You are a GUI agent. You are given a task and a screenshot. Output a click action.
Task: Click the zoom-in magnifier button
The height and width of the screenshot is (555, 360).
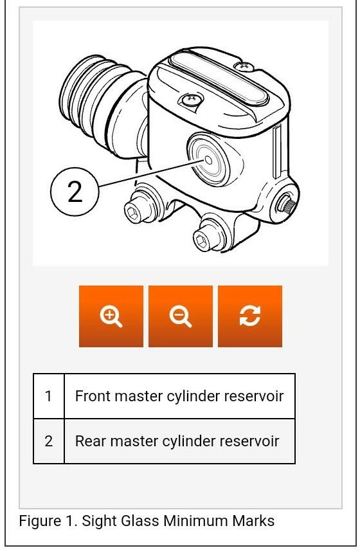111,316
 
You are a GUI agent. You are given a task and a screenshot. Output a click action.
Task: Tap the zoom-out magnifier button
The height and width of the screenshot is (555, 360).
181,316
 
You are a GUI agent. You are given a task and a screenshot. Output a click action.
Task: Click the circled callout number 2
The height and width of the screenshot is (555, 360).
75,192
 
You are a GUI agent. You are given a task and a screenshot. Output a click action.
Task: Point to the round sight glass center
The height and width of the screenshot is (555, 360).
208,160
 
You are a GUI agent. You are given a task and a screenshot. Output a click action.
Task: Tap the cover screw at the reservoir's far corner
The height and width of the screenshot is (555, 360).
244,66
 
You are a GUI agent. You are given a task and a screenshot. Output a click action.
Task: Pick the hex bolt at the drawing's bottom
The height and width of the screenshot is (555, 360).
203,241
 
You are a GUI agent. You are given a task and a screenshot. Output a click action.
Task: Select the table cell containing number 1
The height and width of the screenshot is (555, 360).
49,396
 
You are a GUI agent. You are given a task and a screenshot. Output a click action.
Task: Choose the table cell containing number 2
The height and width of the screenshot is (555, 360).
49,441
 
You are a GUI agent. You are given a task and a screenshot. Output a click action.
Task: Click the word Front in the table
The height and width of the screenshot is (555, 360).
93,396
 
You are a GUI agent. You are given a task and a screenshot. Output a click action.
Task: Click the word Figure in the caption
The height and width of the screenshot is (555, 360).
40,521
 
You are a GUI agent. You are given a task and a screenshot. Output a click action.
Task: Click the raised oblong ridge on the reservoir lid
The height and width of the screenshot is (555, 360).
219,78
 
